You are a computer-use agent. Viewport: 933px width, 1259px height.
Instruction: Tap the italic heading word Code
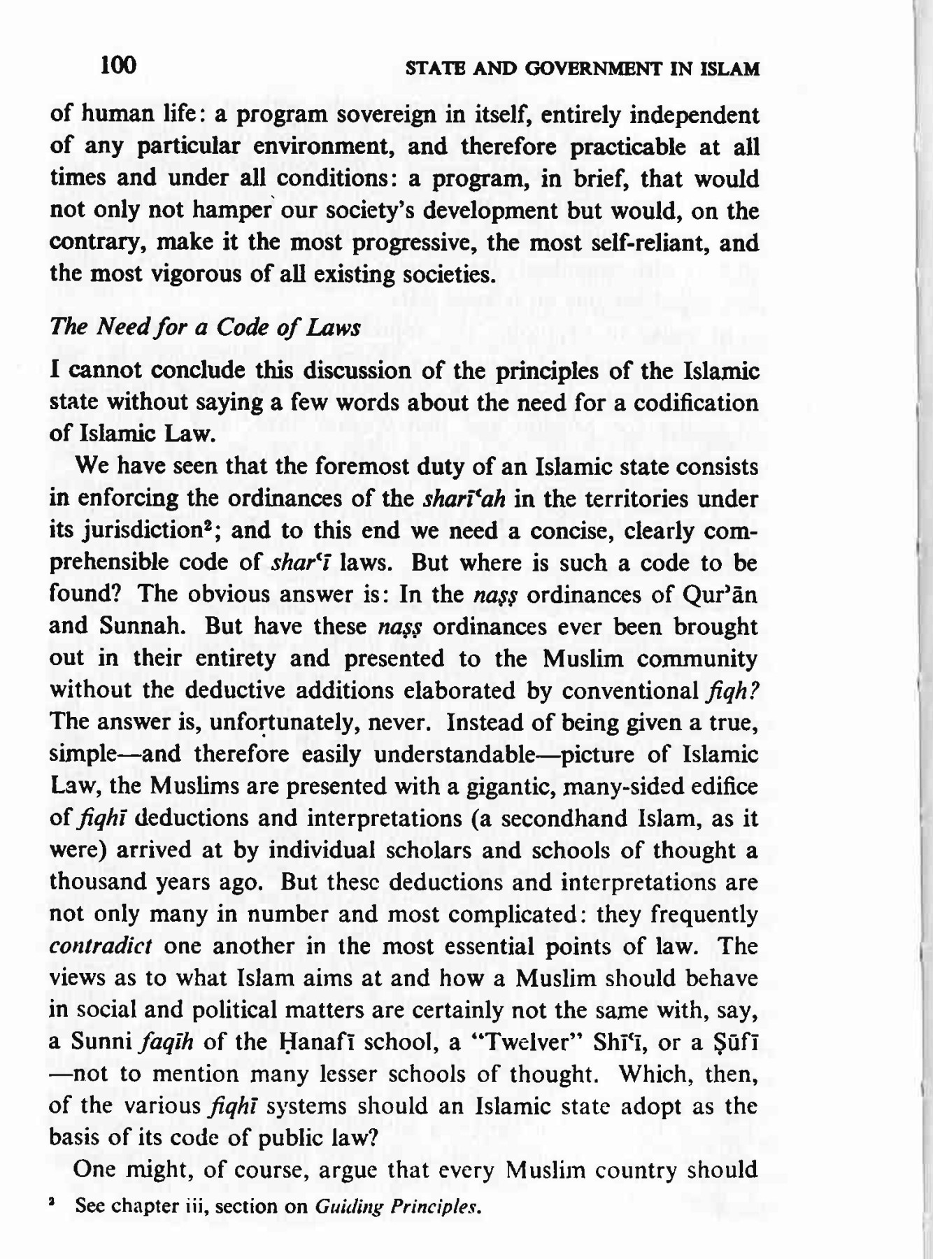tap(242, 327)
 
